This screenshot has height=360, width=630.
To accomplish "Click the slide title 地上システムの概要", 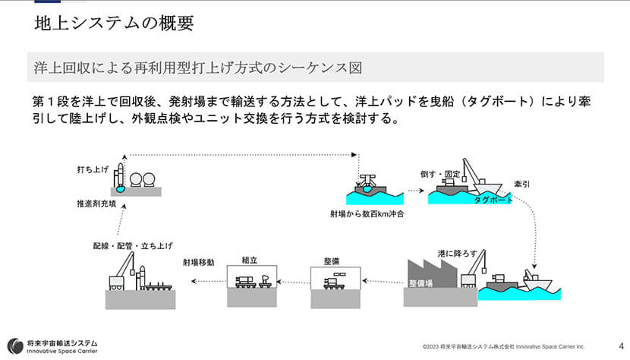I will click(114, 24).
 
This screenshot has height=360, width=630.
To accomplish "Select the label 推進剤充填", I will click(97, 204).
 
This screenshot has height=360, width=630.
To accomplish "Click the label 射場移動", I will click(198, 262).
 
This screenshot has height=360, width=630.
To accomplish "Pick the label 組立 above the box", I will click(249, 260).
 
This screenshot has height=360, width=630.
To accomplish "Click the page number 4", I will click(621, 344).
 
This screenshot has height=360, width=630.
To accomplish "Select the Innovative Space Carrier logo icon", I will click(14, 346).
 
